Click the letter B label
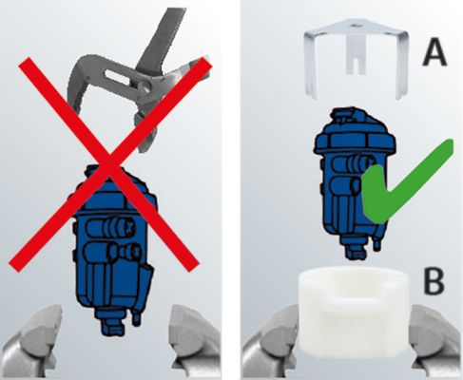(x=434, y=281)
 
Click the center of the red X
(x=110, y=164)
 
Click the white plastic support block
(x=355, y=313)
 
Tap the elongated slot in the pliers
(x=118, y=78)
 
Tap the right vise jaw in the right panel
(x=435, y=342)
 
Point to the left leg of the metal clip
(x=309, y=65)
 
